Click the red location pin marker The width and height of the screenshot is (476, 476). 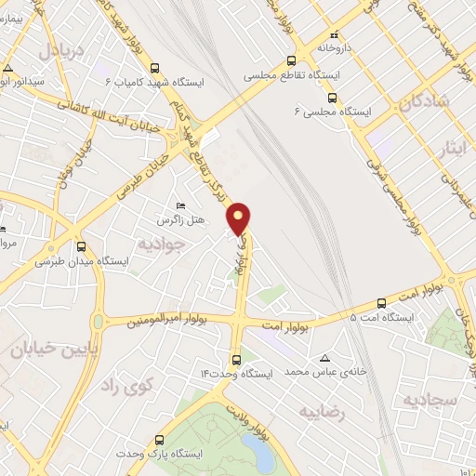point(240,218)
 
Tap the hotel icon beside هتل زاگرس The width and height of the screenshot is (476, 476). point(180,205)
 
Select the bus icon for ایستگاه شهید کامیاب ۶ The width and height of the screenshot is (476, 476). point(154,67)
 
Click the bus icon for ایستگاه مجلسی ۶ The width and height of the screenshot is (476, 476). point(331,97)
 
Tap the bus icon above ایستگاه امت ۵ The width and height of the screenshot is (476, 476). point(381,303)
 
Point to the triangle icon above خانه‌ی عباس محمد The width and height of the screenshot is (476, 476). point(324,358)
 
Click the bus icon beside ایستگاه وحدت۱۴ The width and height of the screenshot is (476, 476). point(235,359)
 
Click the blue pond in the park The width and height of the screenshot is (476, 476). point(265,455)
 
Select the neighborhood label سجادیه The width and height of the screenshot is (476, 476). point(430,400)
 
